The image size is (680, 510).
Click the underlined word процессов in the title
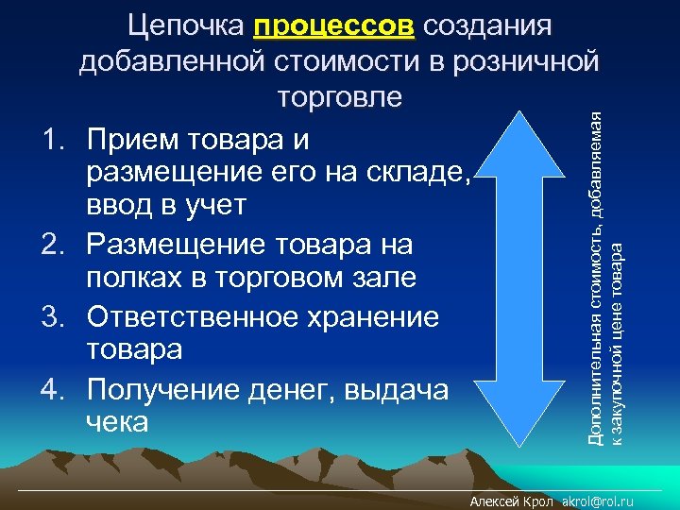[333, 25]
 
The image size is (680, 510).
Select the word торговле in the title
[340, 96]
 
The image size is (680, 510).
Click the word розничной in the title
[530, 61]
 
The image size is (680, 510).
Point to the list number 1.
[53, 141]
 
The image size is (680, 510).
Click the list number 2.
[53, 245]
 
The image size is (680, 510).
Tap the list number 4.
[53, 387]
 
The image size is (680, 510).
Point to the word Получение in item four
[164, 387]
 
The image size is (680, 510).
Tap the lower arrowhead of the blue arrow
[531, 434]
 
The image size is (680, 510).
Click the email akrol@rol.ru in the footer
[597, 501]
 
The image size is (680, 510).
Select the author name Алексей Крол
[512, 501]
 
